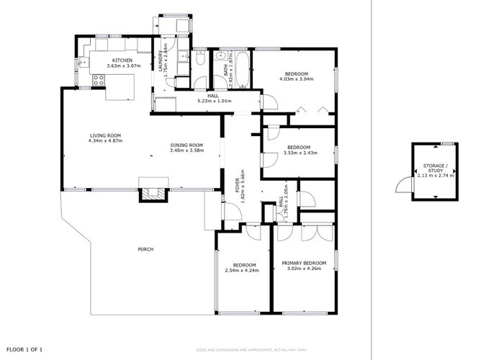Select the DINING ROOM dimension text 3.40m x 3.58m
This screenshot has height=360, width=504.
tap(186, 150)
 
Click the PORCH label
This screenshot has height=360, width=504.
tap(145, 249)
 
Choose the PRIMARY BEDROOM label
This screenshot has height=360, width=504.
tap(303, 263)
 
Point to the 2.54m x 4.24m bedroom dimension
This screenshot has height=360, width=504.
tap(241, 270)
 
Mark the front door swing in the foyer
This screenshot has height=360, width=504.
tap(232, 211)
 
